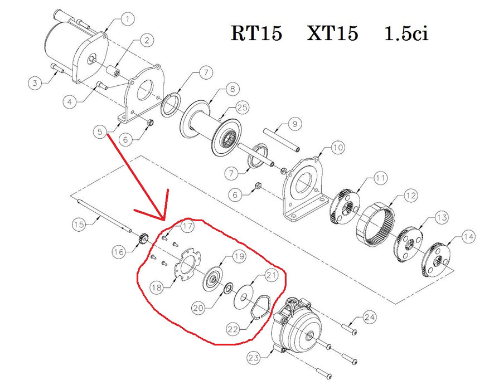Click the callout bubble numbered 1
tap(127, 19)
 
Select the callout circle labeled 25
tap(243, 108)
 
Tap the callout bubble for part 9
tap(294, 124)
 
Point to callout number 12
tap(410, 196)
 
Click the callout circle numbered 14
tap(468, 237)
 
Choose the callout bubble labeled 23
tap(253, 358)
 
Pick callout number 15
tap(79, 225)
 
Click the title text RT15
tap(256, 33)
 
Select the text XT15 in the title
tap(333, 33)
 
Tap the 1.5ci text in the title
tap(406, 33)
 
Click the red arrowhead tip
tap(164, 220)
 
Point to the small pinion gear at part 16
tap(143, 238)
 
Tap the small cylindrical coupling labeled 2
tap(114, 71)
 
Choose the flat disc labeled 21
tap(244, 296)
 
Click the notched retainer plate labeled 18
tap(188, 264)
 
